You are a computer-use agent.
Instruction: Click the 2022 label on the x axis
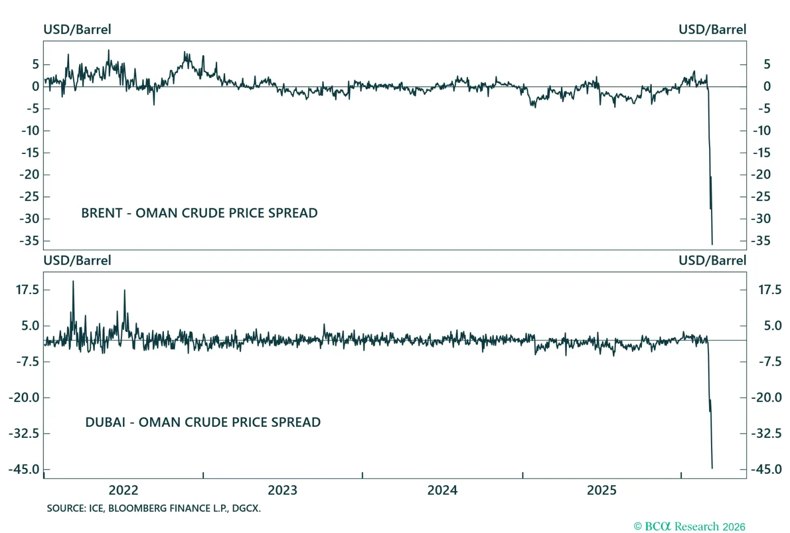coord(123,490)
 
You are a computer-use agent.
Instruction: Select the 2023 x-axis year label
coord(282,490)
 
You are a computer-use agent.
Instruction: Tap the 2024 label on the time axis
coord(442,490)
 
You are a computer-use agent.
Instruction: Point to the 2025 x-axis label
coord(601,490)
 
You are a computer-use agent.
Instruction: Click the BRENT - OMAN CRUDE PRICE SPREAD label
coord(199,213)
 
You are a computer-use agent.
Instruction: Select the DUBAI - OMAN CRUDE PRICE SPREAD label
coord(203,422)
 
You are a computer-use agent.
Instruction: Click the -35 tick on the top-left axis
coord(29,241)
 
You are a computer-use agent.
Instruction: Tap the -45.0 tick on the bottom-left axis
coord(24,469)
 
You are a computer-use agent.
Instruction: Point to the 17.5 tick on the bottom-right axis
coord(770,290)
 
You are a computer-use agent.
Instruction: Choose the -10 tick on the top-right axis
coord(761,131)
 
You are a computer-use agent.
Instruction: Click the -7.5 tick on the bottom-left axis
coord(27,362)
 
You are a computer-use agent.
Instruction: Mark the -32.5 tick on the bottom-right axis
coord(766,433)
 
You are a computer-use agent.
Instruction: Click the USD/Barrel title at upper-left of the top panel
coord(77,30)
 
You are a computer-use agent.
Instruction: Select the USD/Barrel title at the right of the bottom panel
coord(712,261)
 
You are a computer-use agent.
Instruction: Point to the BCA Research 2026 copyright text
coord(689,527)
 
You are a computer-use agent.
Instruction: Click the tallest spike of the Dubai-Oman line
coord(73,282)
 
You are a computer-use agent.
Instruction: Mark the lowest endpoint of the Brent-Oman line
coord(712,244)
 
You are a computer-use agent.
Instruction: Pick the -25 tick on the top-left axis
coord(29,197)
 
